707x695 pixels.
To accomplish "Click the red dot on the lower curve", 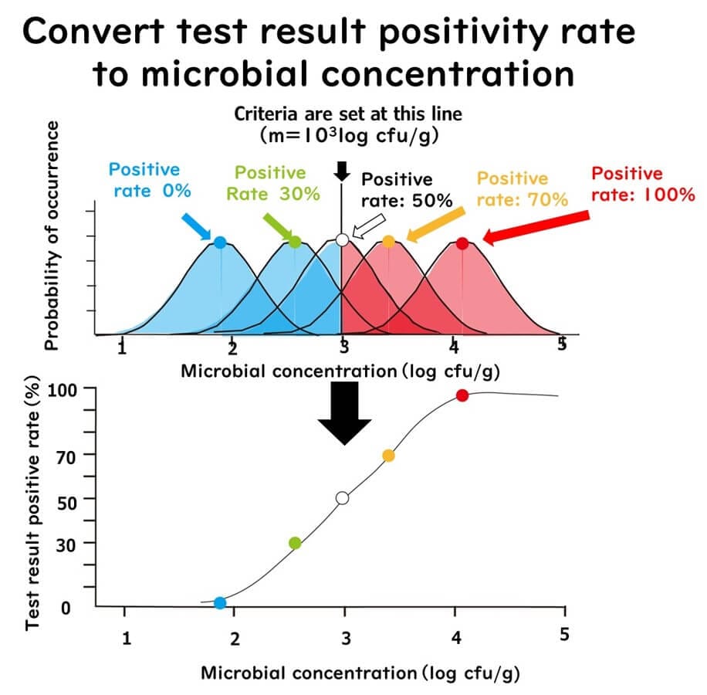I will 462,395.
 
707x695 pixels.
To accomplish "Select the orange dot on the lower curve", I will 388,456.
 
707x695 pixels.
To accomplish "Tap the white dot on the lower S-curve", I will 343,498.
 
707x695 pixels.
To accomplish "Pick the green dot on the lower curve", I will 295,543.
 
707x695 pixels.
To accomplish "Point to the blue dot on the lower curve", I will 220,602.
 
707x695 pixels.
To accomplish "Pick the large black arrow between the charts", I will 344,413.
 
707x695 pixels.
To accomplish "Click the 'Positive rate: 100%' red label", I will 643,184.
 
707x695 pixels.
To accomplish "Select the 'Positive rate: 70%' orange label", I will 522,189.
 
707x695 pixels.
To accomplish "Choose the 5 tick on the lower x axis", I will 563,633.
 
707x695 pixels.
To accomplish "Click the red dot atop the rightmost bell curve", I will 462,243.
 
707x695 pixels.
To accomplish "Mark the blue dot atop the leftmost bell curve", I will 220,242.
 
